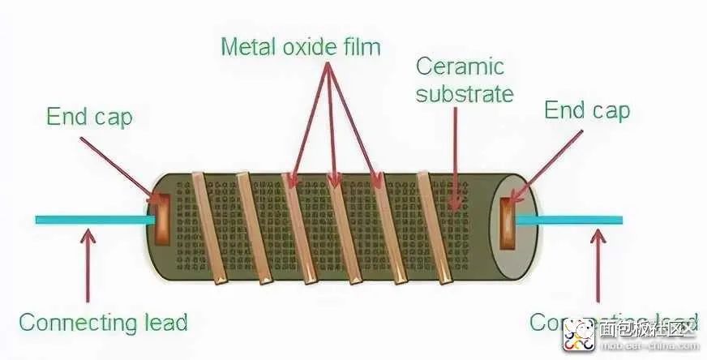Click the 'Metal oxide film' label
300,46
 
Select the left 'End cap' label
89,117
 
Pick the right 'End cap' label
587,110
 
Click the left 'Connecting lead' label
103,322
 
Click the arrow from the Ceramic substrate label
455,154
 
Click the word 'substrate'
465,93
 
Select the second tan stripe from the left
252,229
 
